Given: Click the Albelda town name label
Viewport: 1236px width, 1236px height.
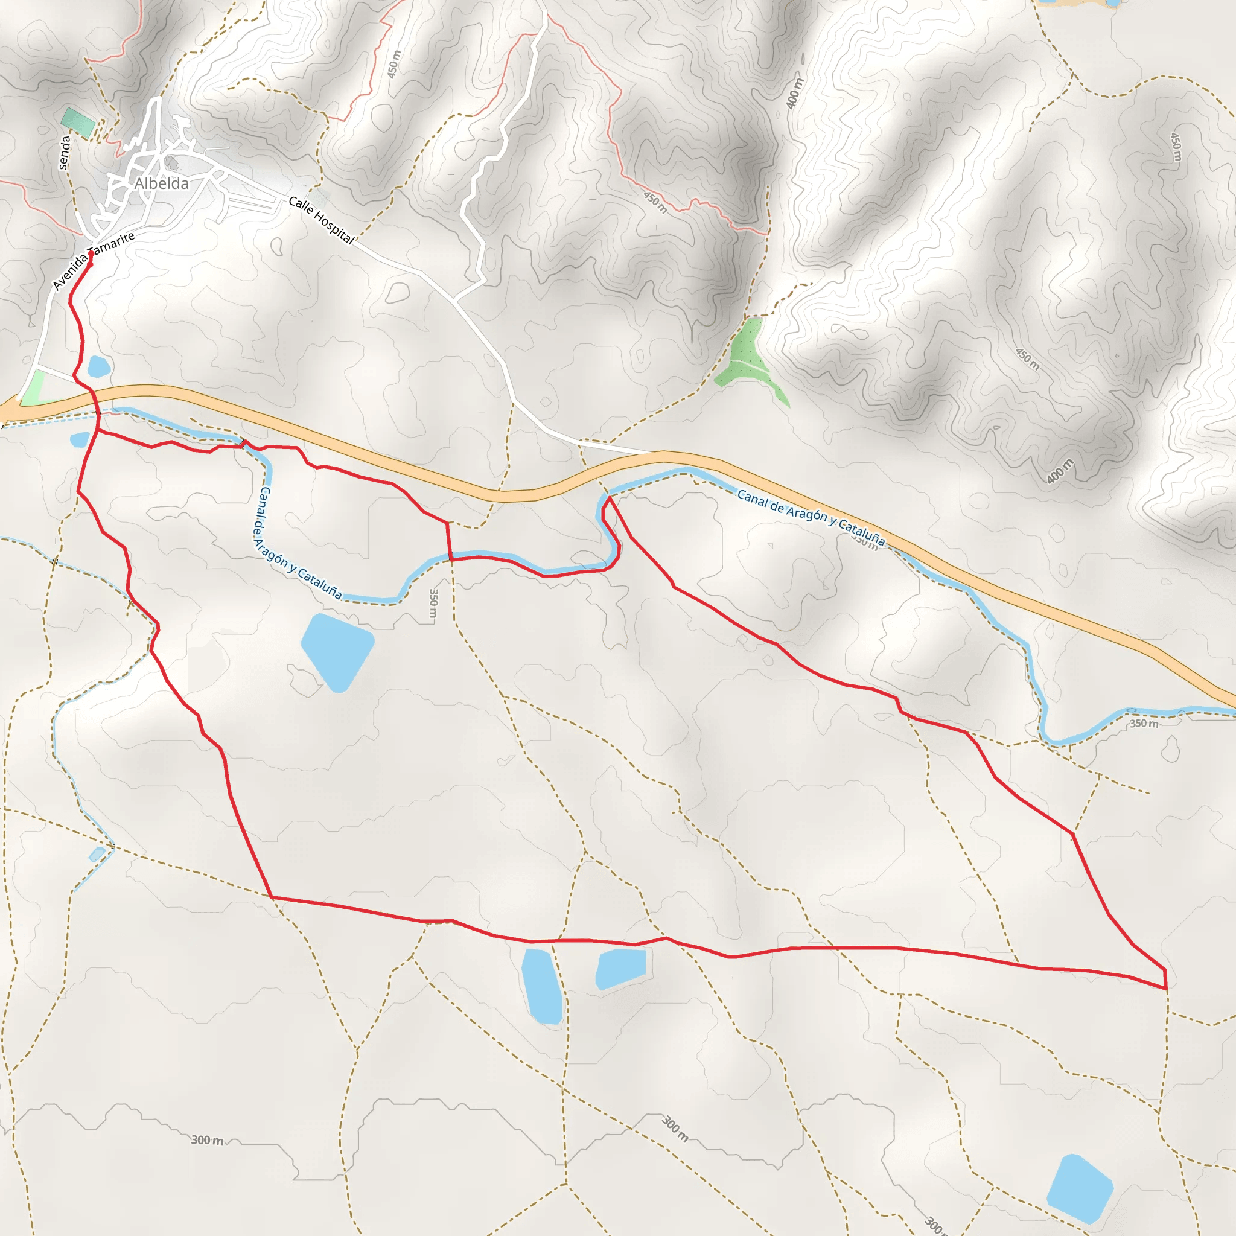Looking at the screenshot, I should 162,183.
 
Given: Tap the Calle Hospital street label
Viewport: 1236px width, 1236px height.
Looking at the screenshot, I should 321,220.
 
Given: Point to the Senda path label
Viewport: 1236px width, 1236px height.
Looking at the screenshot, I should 64,152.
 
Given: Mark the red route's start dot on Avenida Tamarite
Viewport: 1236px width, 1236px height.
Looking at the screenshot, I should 91,254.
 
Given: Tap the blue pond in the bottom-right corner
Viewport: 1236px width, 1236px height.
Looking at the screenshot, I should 1080,1189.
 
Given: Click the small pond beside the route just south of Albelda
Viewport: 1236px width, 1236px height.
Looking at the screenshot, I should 99,366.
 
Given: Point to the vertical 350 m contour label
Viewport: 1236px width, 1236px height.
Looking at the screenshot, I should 434,604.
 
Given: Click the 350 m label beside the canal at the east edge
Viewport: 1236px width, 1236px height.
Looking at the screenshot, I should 1144,724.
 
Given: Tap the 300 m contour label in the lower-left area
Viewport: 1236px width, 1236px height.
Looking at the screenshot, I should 207,1140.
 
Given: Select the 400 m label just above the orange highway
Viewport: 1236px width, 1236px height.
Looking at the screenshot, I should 1060,471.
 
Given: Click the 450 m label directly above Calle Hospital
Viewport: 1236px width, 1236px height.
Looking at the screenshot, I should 394,64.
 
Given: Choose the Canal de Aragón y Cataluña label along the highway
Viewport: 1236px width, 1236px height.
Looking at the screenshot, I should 811,518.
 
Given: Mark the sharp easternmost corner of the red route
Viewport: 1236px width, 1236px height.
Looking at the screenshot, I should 1166,989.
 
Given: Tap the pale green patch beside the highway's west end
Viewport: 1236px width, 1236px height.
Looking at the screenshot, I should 31,387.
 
